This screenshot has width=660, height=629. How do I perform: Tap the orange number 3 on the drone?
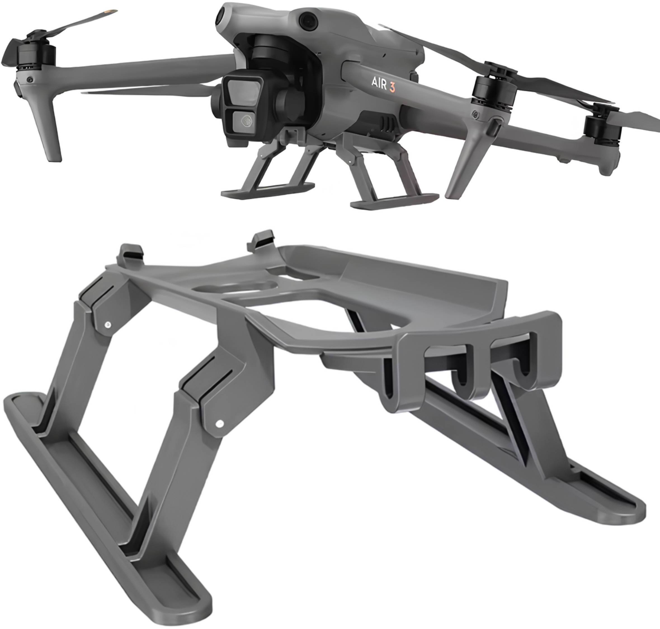(391, 86)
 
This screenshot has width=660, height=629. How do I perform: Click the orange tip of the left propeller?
(111, 12)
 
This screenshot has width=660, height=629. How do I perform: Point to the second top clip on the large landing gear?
(261, 239)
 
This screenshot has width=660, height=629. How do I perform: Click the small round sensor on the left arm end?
(30, 79)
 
